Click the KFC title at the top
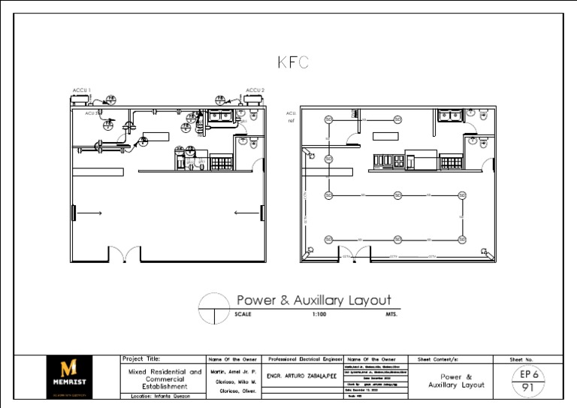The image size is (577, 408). click(x=292, y=63)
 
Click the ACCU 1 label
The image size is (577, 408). click(x=81, y=90)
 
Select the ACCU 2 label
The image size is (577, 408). click(x=255, y=90)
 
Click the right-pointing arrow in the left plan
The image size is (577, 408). click(x=90, y=213)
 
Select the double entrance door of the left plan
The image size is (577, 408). click(x=125, y=255)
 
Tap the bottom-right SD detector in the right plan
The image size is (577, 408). click(x=460, y=240)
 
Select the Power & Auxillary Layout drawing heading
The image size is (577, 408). click(x=314, y=301)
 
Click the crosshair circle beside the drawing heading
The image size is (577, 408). click(x=213, y=309)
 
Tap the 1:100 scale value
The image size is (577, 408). click(x=319, y=314)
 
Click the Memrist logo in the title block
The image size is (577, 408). click(x=73, y=375)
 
